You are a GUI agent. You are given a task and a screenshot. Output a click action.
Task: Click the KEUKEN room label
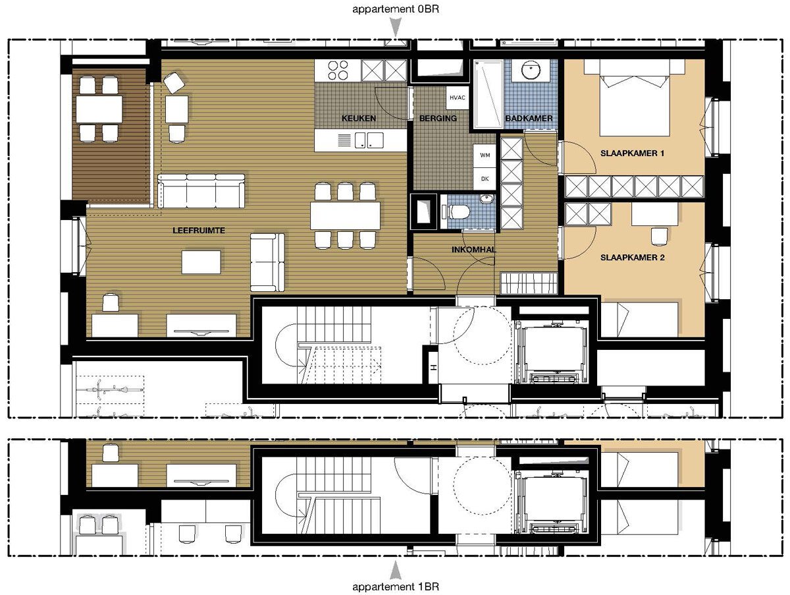(x=359, y=118)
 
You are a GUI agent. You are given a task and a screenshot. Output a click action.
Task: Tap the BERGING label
(x=438, y=118)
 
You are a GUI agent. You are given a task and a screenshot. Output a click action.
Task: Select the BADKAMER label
(x=529, y=118)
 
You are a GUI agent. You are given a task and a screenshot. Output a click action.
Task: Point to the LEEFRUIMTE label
(x=199, y=230)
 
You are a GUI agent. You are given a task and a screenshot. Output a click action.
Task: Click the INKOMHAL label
(x=473, y=249)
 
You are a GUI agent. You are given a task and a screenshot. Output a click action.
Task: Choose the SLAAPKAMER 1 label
(x=633, y=153)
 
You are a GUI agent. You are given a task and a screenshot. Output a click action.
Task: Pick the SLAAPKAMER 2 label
(x=633, y=258)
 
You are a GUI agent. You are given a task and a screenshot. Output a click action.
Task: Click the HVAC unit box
(x=458, y=98)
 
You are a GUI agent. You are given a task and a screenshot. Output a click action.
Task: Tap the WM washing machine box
(x=485, y=156)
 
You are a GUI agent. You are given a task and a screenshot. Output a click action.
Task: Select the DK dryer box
(x=485, y=179)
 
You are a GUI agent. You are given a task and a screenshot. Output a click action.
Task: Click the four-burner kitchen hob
(x=338, y=71)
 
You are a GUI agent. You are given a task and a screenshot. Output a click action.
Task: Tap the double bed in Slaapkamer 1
(x=634, y=98)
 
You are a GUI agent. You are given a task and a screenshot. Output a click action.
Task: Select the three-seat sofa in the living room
(x=201, y=191)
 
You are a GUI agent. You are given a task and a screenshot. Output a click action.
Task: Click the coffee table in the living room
(x=201, y=262)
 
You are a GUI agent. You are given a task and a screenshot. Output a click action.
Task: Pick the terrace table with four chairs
(x=99, y=109)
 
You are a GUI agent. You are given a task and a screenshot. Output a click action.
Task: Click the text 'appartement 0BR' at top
(x=396, y=9)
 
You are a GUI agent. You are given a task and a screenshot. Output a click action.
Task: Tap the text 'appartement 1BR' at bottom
(x=396, y=586)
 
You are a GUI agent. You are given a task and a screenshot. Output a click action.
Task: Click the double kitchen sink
(x=369, y=140)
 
